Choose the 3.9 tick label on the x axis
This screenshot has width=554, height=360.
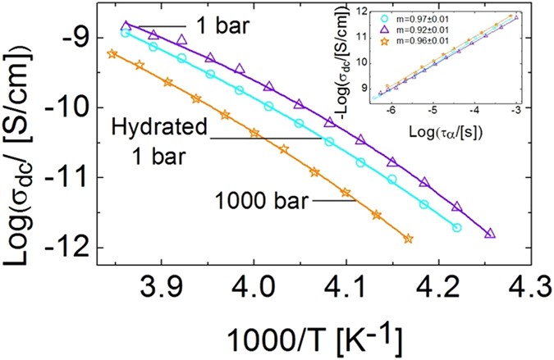coord(154,291)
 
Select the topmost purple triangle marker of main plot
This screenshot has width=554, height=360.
coord(126,25)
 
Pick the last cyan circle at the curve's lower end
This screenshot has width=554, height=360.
coord(457,227)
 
